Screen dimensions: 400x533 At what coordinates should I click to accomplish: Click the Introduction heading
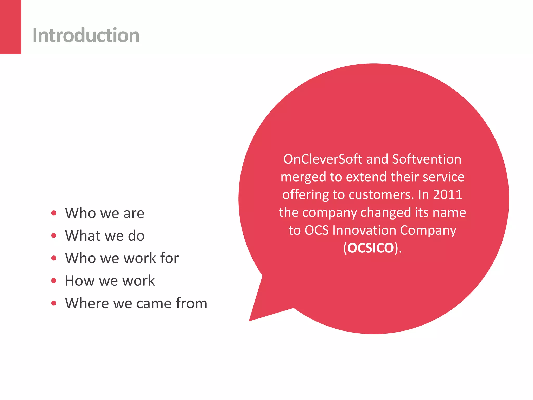click(x=86, y=35)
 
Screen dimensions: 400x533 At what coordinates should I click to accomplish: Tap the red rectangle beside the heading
click(x=10, y=27)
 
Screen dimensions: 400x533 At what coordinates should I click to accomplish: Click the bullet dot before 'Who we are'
click(x=54, y=213)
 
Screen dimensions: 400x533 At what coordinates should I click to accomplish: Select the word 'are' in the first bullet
click(x=134, y=213)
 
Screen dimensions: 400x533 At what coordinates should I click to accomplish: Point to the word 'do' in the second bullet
click(x=136, y=236)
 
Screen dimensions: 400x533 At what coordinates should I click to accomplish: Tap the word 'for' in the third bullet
click(x=169, y=258)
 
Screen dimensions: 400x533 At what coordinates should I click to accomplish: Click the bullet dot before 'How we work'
click(x=54, y=280)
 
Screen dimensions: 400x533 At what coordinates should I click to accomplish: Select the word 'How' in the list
click(x=80, y=281)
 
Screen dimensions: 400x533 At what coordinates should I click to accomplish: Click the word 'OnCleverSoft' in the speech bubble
click(x=323, y=159)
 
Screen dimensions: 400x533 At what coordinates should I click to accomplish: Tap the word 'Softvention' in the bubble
click(x=427, y=159)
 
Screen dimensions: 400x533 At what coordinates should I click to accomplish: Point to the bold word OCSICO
click(x=371, y=248)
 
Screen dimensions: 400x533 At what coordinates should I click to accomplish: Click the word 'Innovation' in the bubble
click(x=364, y=230)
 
